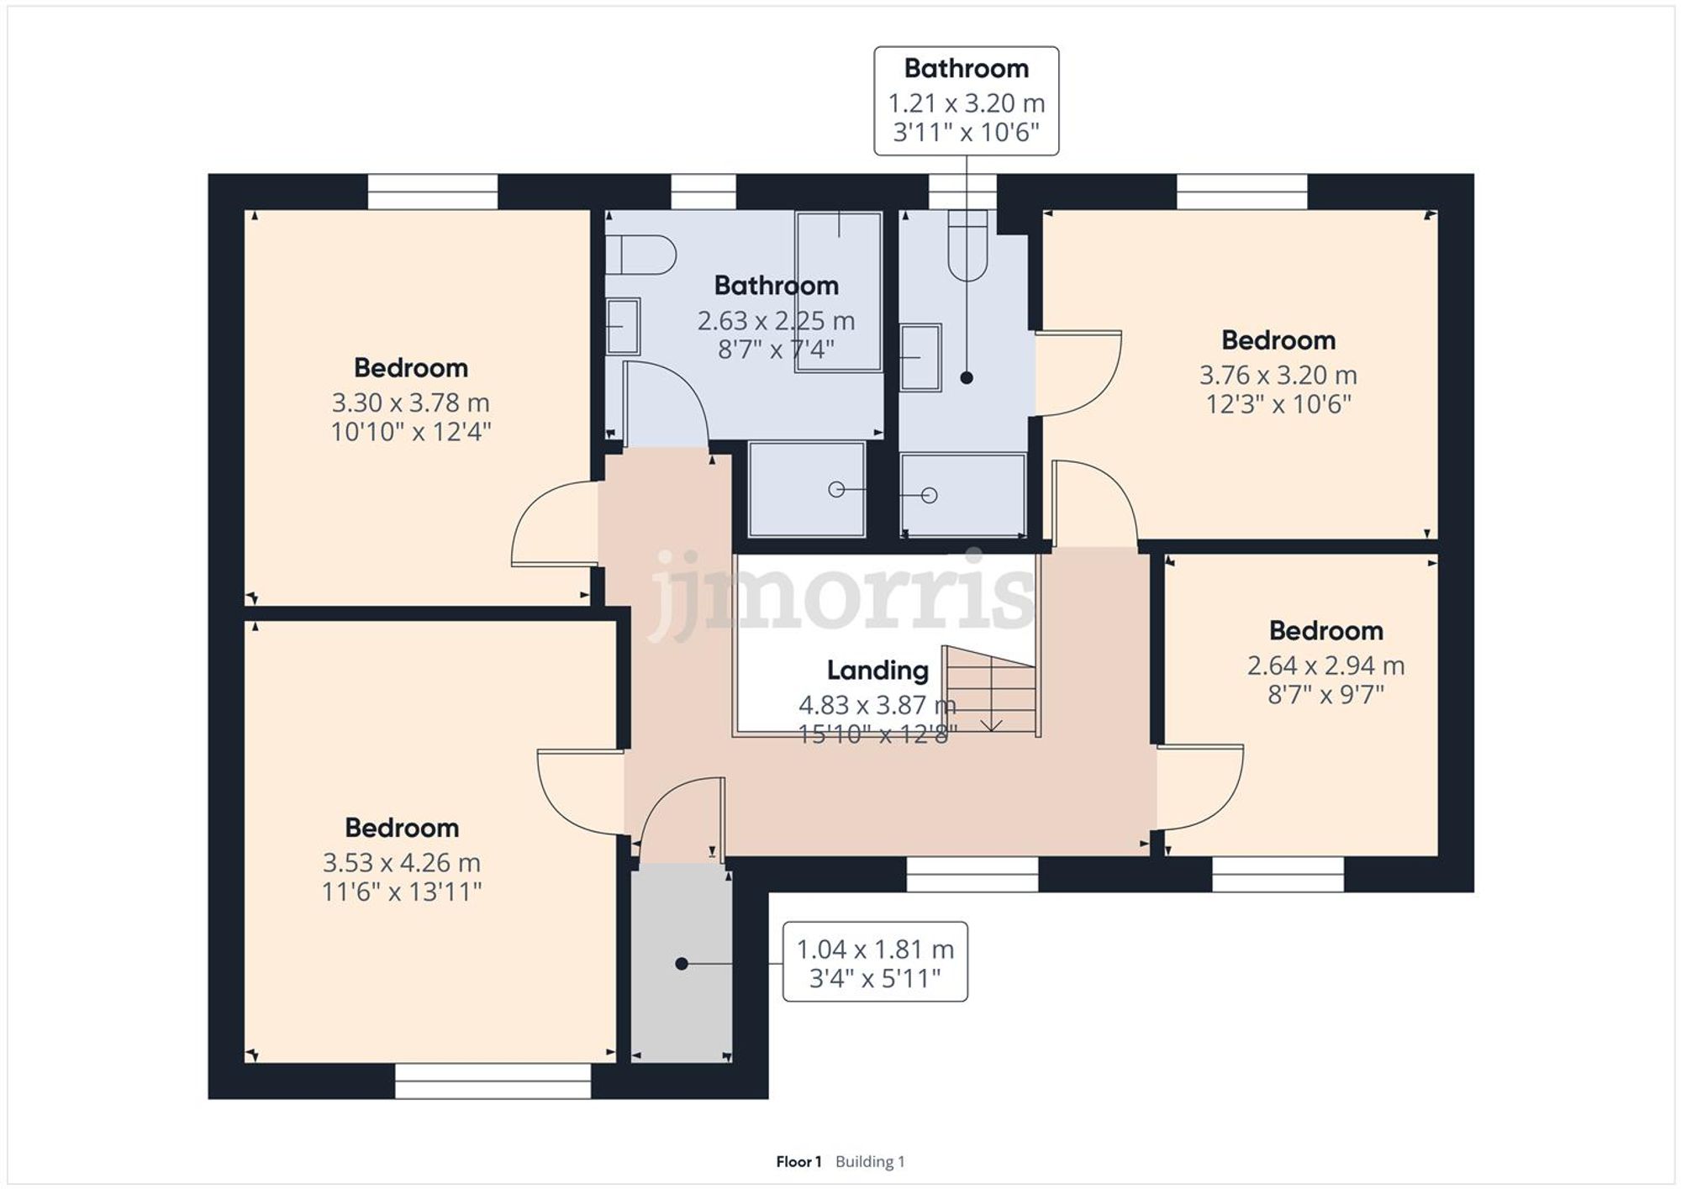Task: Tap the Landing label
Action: [877, 671]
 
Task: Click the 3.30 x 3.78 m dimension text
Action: [410, 403]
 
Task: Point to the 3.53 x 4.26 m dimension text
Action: [401, 863]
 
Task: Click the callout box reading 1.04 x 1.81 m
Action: [875, 962]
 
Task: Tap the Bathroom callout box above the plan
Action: [966, 101]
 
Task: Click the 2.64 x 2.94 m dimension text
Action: [1325, 666]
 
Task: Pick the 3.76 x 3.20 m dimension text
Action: [1278, 376]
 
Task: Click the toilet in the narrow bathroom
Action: [967, 245]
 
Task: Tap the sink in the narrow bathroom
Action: [920, 358]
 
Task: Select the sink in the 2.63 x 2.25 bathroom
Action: [623, 326]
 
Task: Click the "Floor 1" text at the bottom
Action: [798, 1161]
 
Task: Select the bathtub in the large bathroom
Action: [838, 291]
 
